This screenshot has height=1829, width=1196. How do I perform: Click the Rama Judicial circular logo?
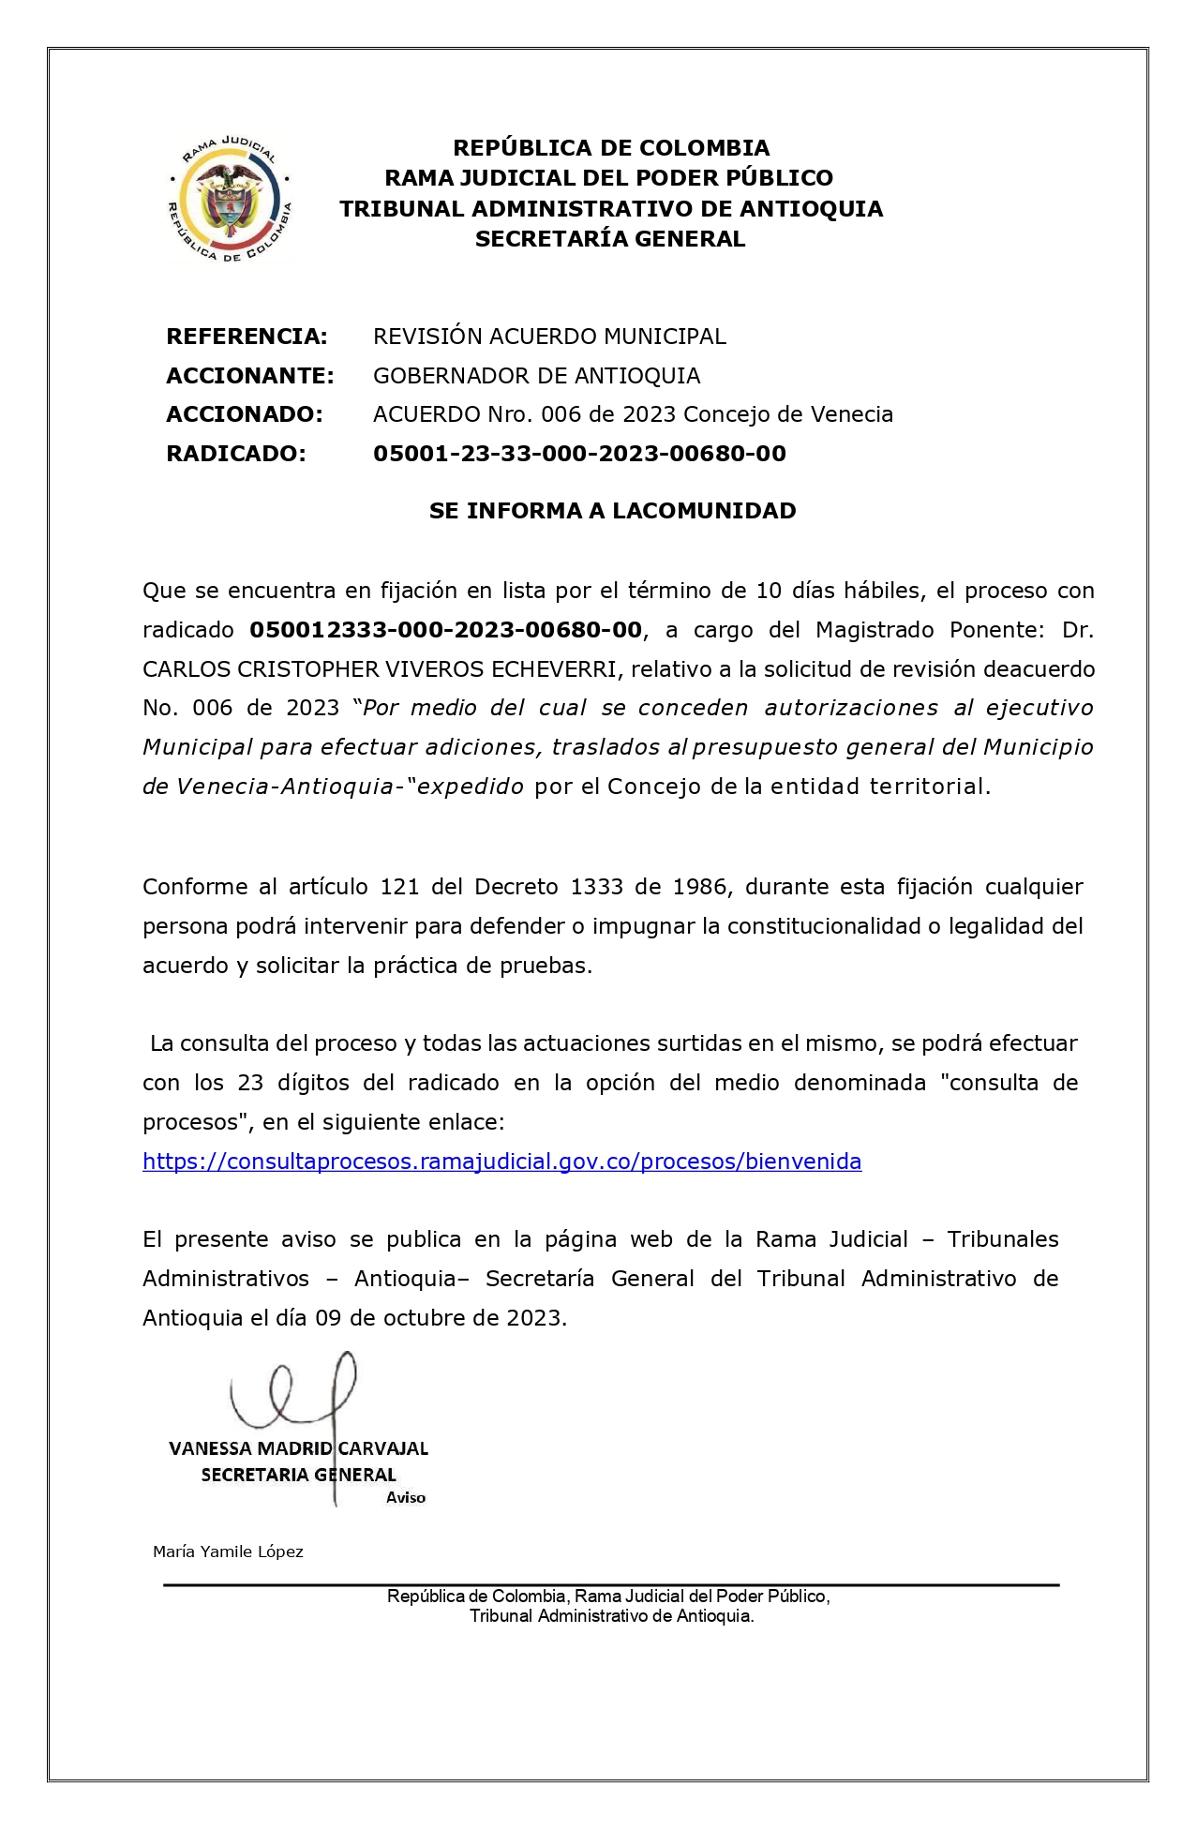(229, 199)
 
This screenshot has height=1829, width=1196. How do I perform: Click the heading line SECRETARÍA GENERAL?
(610, 239)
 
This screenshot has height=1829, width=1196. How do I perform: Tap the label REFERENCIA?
(247, 337)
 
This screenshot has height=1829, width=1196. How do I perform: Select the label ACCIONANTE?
(250, 376)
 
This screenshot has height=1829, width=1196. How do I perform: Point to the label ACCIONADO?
(245, 414)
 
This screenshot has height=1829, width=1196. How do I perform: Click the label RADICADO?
(236, 454)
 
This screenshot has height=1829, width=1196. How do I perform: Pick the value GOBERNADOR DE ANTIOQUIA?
(536, 376)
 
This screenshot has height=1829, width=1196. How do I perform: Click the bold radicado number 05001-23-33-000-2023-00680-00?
(579, 454)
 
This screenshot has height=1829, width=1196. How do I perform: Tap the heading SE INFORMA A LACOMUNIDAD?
(612, 511)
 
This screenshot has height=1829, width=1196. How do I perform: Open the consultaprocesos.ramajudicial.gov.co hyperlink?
(501, 1162)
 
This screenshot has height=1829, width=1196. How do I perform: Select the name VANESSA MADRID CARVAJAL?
(298, 1448)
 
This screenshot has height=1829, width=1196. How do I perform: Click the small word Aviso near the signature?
(406, 1498)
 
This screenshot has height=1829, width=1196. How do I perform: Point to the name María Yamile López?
(228, 1552)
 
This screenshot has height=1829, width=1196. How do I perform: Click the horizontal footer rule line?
(611, 1585)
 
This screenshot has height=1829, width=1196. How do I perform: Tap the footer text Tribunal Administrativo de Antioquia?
(611, 1616)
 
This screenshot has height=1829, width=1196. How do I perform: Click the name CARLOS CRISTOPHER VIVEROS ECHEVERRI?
(380, 669)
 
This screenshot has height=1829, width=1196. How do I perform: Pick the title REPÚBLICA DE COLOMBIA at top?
(611, 148)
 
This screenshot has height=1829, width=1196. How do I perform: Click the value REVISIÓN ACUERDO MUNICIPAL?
(549, 337)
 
